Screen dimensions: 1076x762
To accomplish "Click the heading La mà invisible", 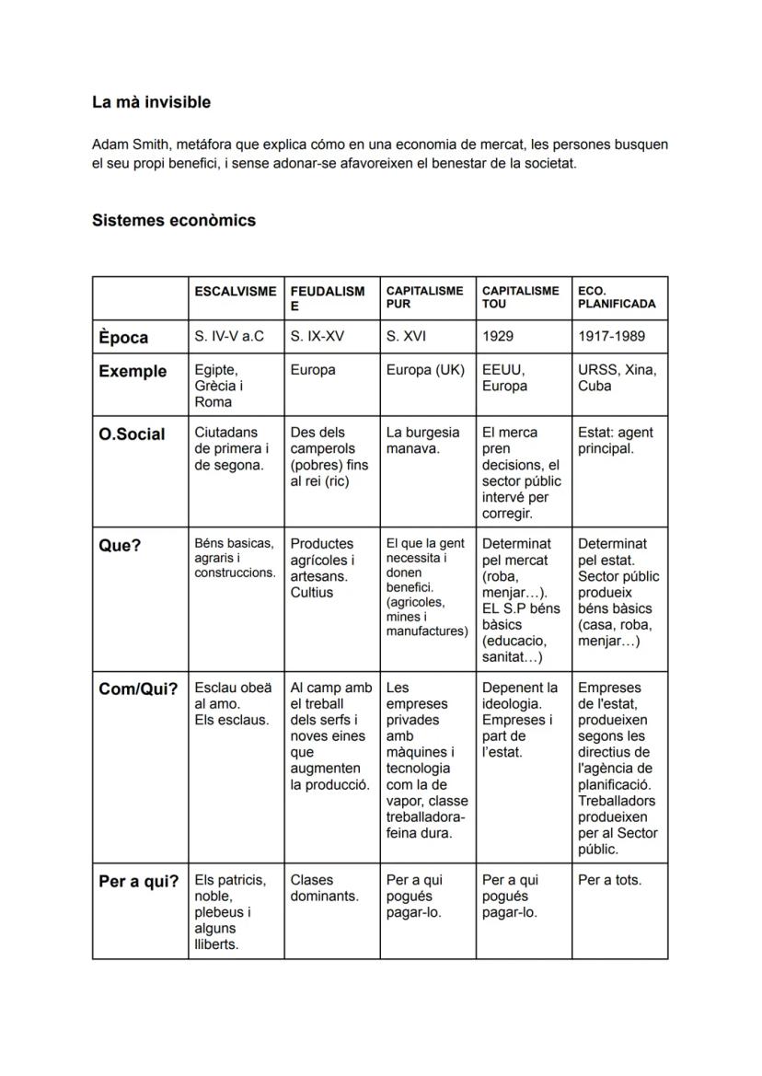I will click(151, 102).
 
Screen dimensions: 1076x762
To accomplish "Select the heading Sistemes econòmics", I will click(173, 221).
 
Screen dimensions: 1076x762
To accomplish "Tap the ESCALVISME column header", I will click(235, 291).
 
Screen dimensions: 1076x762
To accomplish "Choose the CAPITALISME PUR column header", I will click(424, 297).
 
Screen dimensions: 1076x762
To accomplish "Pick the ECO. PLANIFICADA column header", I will click(617, 297).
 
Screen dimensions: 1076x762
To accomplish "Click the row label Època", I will click(123, 338).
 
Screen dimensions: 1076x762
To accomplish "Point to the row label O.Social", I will click(132, 434).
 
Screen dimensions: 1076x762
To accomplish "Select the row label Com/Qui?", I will click(137, 689).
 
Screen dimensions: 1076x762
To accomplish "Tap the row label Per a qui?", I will click(138, 882).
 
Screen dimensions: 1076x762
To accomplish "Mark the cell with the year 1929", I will click(498, 337).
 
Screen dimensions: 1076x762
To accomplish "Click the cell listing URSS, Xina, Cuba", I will click(617, 377).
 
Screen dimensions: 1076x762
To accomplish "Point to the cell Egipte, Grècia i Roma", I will click(219, 386).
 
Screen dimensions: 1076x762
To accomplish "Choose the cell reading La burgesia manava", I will click(422, 440).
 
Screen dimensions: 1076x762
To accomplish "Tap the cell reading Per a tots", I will click(609, 880).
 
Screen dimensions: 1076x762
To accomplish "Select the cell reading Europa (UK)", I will click(425, 370).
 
